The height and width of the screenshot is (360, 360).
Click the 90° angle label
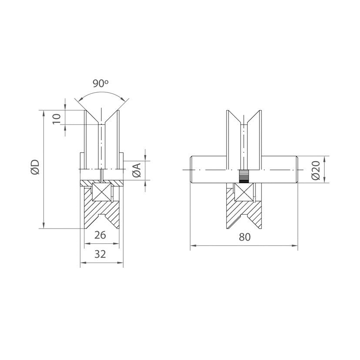click(100, 83)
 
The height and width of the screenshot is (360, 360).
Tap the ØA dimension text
click(137, 170)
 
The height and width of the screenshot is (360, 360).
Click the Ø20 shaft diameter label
click(316, 170)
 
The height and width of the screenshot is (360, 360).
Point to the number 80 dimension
click(245, 237)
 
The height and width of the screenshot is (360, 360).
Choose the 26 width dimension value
click(100, 235)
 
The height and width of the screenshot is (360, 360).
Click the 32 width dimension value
click(100, 254)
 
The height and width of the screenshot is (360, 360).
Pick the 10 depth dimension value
click(57, 119)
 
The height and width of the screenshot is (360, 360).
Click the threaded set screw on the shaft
click(244, 176)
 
